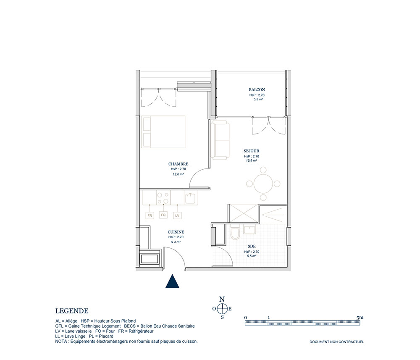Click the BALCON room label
pos(257,90)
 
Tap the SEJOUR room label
pos(251,151)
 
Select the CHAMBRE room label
pos(178,164)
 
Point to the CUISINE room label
pos(176,232)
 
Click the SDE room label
pos(252,247)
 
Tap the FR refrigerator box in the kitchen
pos(150,215)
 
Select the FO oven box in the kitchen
pos(163,215)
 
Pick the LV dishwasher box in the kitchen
pos(177,215)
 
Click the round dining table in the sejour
pos(263,184)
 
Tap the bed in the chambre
pos(163,132)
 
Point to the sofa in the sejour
pos(220,140)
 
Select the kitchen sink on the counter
pos(191,198)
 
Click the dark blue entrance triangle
pos(172,281)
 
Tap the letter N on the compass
pos(222,299)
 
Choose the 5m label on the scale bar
pos(360,318)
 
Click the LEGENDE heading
pos(72,311)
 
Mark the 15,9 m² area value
pos(251,161)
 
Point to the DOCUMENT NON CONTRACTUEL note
pos(337,342)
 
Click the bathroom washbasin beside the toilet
pos(249,229)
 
